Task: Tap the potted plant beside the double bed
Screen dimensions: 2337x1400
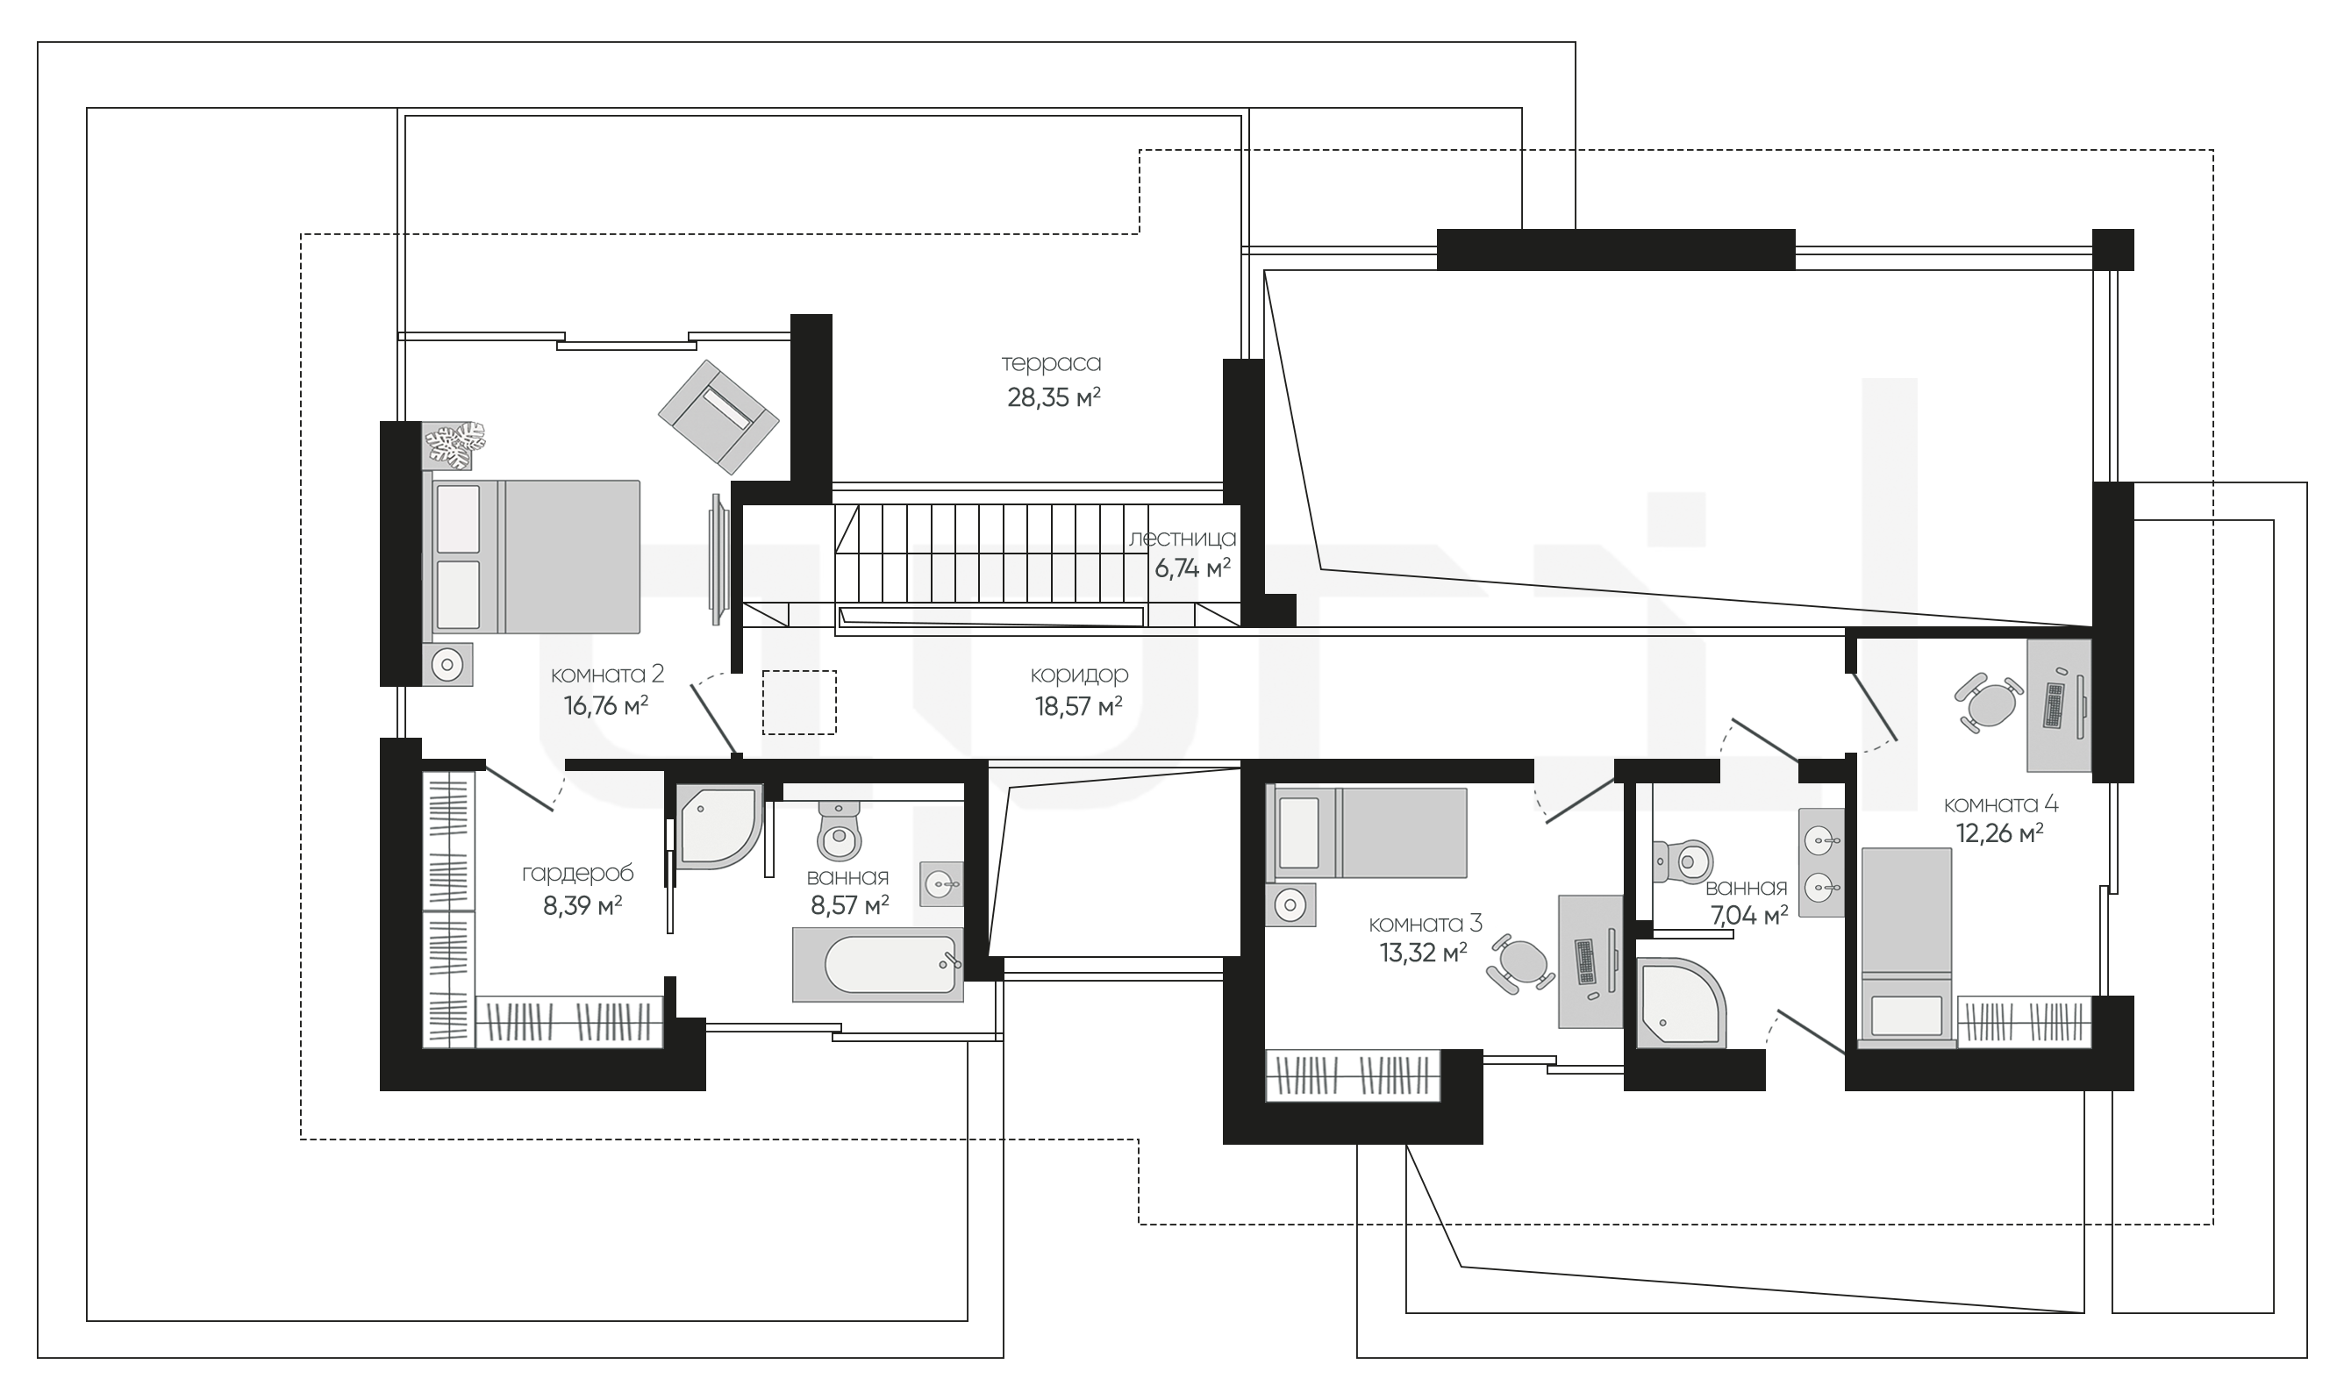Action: point(454,446)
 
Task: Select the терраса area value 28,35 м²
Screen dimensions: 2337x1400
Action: point(1054,397)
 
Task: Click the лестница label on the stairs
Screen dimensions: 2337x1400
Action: point(1183,539)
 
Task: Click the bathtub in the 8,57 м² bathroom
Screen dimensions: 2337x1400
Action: point(878,963)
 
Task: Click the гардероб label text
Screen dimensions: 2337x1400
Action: point(577,874)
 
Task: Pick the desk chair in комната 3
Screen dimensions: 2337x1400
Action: point(1520,963)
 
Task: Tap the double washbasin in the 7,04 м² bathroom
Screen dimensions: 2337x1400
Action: point(1821,862)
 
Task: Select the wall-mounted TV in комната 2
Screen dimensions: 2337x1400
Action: point(719,559)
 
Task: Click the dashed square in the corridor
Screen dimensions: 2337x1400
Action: point(799,702)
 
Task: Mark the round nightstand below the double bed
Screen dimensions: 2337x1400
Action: point(447,664)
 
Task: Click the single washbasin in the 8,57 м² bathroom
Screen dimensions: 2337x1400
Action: point(941,884)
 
